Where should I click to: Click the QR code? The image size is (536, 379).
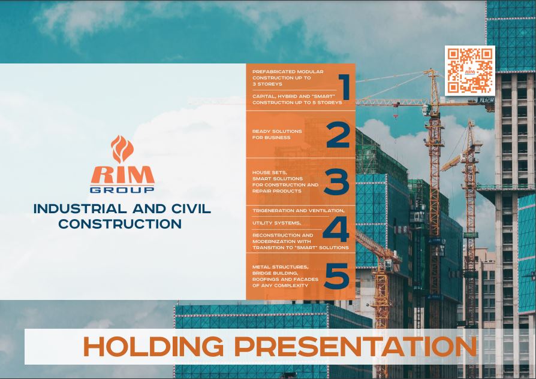click(x=469, y=70)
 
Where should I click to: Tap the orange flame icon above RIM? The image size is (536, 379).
click(x=122, y=149)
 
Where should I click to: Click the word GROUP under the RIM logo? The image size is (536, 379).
click(x=122, y=190)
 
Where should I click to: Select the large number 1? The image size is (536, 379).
click(x=344, y=87)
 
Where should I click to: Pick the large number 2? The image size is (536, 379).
click(x=338, y=135)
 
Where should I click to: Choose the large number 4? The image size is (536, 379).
click(x=336, y=229)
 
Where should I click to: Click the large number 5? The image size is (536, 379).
click(x=337, y=275)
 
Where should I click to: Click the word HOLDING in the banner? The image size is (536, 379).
click(x=153, y=347)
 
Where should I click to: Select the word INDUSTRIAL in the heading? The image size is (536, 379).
click(x=80, y=208)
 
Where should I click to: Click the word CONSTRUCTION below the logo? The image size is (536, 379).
click(x=120, y=224)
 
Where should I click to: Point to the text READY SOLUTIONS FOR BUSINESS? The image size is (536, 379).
click(x=277, y=134)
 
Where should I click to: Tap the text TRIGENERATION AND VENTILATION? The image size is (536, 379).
click(x=299, y=211)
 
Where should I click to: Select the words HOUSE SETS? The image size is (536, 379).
click(x=269, y=172)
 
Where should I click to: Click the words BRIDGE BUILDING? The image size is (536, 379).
click(x=275, y=273)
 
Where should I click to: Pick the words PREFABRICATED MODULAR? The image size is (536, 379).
click(x=288, y=72)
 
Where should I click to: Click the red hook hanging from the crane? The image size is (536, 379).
click(x=396, y=117)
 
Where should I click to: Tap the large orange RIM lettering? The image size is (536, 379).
click(x=122, y=175)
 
